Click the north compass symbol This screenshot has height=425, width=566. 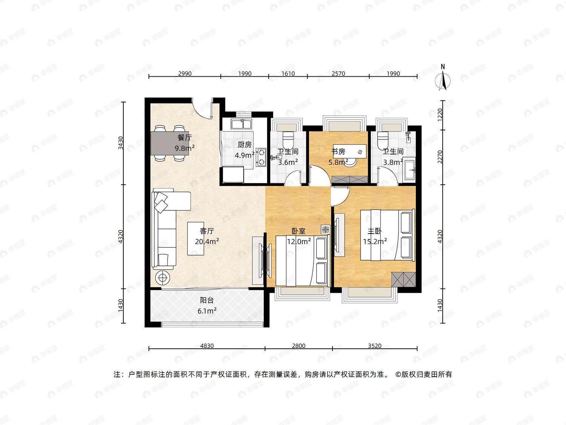click(443, 79)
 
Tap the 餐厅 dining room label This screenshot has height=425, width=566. click(185, 138)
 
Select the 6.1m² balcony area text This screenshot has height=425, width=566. click(207, 311)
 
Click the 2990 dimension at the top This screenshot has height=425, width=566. click(185, 74)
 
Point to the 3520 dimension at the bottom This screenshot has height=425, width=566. click(374, 346)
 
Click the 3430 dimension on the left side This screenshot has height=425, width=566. click(120, 143)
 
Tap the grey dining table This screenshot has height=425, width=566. click(170, 143)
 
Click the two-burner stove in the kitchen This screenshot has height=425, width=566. click(261, 157)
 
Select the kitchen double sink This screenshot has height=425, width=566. click(241, 124)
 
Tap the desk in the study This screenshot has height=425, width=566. click(350, 151)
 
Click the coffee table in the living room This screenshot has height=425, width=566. click(195, 238)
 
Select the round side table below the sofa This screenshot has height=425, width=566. click(163, 277)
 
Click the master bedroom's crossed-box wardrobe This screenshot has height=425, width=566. click(403, 279)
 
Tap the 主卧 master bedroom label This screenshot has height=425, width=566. click(374, 231)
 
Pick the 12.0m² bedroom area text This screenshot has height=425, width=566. click(299, 241)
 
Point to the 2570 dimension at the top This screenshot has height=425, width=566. click(338, 74)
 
